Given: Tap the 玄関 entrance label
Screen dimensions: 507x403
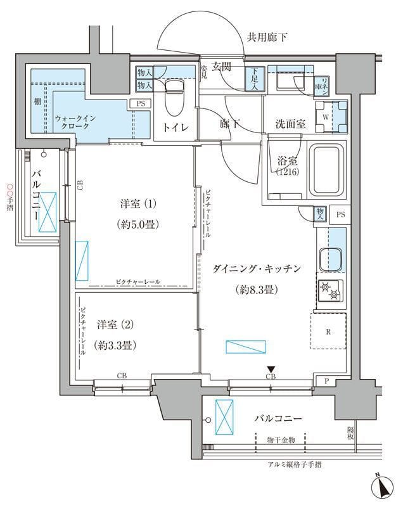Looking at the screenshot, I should point(222,67).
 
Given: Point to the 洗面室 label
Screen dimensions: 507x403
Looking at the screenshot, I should point(290,124).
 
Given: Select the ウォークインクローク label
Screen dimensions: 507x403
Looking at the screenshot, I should point(75,122).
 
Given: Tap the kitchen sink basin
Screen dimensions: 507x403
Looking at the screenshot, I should point(330,260).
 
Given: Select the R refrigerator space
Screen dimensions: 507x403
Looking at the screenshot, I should point(328,330).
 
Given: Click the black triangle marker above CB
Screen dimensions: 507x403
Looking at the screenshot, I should point(271,369).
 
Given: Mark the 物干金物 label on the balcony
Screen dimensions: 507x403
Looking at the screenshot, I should point(281,439).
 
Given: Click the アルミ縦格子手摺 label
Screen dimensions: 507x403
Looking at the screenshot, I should point(295,465).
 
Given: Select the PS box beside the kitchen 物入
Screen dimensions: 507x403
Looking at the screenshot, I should point(341,214).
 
